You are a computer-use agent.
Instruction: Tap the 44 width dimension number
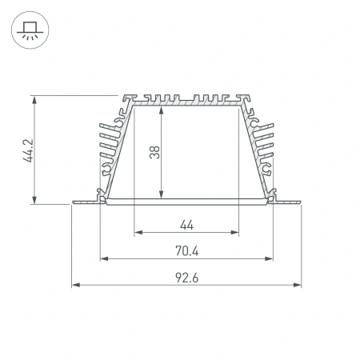[x=186, y=225]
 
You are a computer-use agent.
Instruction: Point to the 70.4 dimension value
[x=186, y=251]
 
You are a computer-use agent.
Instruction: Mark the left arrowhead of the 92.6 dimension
[x=74, y=285]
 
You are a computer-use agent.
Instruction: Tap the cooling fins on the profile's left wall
[x=106, y=144]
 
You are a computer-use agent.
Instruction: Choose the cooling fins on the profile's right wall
[x=266, y=144]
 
